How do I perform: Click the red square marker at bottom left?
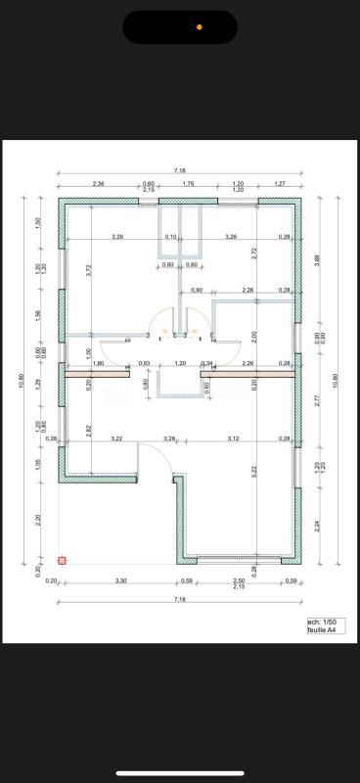(62, 561)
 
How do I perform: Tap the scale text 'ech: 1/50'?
(321, 622)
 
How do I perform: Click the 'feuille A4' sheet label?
(322, 630)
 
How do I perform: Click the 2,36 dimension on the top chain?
(99, 183)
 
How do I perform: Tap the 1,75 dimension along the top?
(189, 183)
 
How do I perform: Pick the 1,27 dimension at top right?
(279, 183)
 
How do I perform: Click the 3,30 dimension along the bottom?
(121, 581)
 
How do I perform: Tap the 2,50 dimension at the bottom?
(238, 581)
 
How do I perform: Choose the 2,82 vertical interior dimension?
(88, 430)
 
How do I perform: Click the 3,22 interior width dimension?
(117, 438)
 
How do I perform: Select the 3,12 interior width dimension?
(234, 438)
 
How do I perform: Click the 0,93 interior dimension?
(144, 363)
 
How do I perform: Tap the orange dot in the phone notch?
(200, 27)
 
